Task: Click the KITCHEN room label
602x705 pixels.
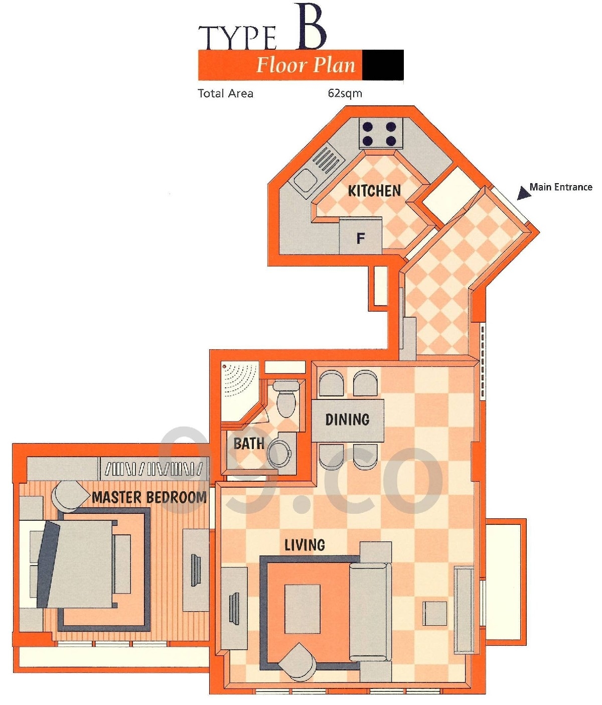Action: click(374, 191)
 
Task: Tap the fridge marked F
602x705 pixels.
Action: click(360, 236)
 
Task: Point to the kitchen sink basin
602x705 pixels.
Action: click(307, 180)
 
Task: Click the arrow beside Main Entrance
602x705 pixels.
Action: click(524, 193)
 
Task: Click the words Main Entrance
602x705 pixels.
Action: click(561, 187)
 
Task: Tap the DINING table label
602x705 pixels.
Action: click(347, 419)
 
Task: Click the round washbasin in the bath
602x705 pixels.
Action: click(279, 452)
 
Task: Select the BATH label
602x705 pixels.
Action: click(249, 444)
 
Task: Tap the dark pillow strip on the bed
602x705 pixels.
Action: click(48, 564)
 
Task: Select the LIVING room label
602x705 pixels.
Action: click(305, 545)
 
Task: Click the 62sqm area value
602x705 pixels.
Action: click(345, 93)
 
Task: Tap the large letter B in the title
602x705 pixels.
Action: click(311, 27)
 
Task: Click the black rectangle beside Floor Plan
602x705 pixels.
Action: click(383, 65)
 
